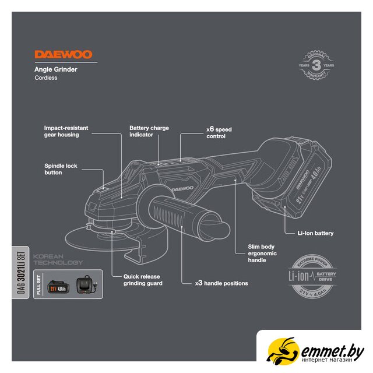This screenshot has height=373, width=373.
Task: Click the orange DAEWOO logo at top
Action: (63, 55)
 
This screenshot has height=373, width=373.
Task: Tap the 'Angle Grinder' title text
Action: (56, 69)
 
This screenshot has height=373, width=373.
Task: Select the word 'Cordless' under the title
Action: (46, 78)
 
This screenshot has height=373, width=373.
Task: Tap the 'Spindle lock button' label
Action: (61, 169)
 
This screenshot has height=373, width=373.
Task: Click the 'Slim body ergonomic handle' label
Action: (256, 254)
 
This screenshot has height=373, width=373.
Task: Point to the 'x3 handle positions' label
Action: (221, 283)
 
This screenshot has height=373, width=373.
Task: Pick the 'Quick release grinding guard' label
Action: (142, 280)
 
